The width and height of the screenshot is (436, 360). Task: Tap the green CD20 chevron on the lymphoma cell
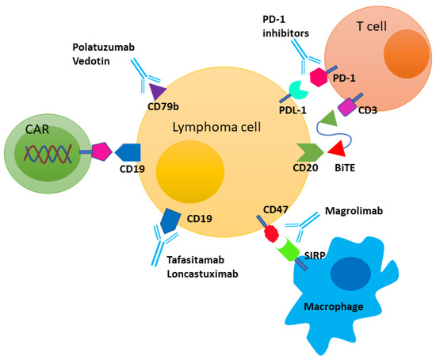305,148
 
